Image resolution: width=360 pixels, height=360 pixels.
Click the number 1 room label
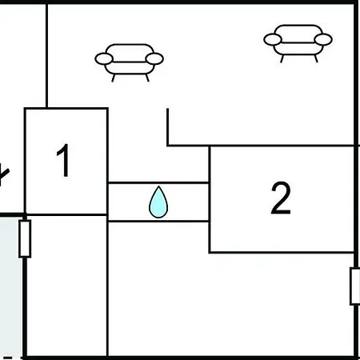tap(63, 160)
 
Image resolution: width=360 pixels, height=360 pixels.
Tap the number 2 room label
tap(281, 198)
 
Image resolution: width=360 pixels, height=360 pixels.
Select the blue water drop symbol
tap(158, 202)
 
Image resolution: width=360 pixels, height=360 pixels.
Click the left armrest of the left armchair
tap(104, 58)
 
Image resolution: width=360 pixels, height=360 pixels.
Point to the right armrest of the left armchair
tap(154, 58)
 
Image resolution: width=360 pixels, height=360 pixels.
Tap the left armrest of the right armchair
tap(273, 39)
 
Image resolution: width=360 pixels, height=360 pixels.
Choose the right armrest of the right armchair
tap(323, 39)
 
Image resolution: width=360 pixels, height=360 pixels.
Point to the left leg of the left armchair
tap(113, 78)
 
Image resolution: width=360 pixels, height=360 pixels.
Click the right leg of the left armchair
tap(147, 78)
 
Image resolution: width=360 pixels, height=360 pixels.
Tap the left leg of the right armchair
tap(282, 58)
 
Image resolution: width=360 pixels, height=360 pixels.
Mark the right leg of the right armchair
tap(316, 58)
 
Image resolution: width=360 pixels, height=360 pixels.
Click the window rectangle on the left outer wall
tap(25, 239)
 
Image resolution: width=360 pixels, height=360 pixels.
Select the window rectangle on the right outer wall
tap(355, 286)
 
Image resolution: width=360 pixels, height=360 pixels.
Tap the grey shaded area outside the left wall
tap(10, 286)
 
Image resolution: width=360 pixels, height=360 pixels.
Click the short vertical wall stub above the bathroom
tap(167, 127)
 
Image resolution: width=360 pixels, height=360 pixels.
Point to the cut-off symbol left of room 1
tap(4, 175)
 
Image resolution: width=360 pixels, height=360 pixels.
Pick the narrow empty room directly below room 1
tap(66, 286)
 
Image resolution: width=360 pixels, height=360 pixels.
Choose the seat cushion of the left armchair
tap(130, 68)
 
